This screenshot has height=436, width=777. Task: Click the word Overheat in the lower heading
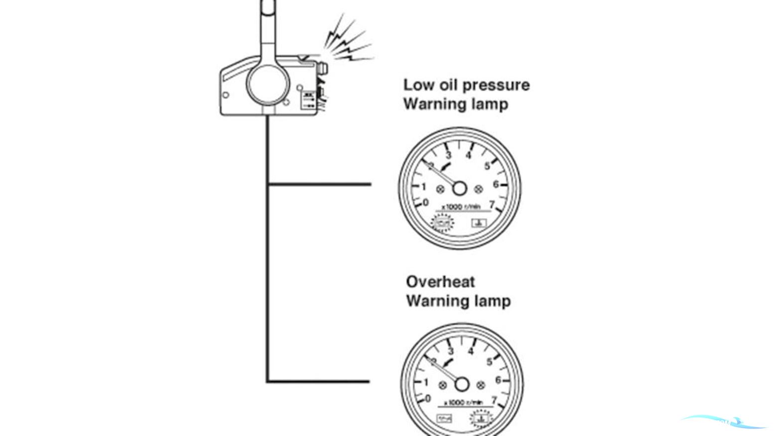[x=440, y=282]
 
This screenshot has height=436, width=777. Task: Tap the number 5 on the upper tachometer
[x=487, y=166]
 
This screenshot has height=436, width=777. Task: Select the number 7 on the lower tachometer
[x=494, y=400]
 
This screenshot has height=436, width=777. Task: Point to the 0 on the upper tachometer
[x=425, y=203]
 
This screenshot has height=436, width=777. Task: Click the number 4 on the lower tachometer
[x=471, y=351]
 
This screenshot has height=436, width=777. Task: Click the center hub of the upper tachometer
[x=459, y=188]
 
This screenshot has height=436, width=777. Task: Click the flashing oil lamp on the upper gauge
[x=440, y=222]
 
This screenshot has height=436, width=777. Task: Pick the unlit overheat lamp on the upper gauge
[x=479, y=222]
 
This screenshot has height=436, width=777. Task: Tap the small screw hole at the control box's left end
[x=226, y=95]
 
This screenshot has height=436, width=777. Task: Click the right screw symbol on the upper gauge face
[x=479, y=189]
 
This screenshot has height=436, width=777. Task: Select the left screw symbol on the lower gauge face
[x=442, y=385]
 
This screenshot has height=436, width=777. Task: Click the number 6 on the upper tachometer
[x=496, y=185]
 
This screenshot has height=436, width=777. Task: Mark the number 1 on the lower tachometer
[x=427, y=383]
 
